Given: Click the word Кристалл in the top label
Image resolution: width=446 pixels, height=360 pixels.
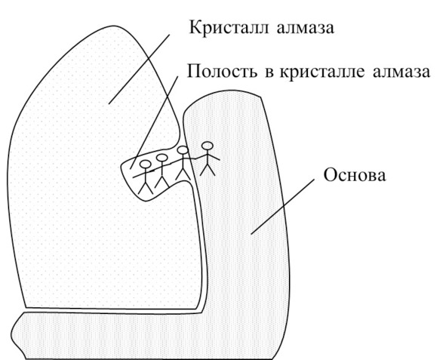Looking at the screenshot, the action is pyautogui.click(x=229, y=29).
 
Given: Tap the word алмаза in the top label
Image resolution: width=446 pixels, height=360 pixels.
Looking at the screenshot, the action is pyautogui.click(x=305, y=29).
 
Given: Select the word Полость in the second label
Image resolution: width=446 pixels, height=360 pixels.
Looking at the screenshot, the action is pyautogui.click(x=222, y=71).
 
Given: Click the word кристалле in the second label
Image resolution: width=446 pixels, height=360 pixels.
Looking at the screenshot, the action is pyautogui.click(x=322, y=72).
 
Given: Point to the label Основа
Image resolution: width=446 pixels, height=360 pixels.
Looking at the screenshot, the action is pyautogui.click(x=355, y=174).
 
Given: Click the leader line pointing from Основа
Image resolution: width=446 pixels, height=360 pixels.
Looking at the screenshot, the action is pyautogui.click(x=283, y=207).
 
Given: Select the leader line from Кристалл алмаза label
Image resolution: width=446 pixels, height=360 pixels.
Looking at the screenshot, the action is pyautogui.click(x=139, y=69).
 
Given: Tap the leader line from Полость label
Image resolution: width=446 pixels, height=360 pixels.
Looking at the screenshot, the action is pyautogui.click(x=154, y=122).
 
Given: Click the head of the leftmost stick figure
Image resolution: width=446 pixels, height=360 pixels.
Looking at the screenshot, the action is pyautogui.click(x=146, y=165).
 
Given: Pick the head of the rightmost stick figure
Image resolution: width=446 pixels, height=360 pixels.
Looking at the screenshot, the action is pyautogui.click(x=207, y=146).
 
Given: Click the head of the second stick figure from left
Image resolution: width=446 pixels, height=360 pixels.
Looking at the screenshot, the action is pyautogui.click(x=161, y=158).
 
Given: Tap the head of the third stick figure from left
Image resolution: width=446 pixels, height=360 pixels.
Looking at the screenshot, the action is pyautogui.click(x=183, y=150).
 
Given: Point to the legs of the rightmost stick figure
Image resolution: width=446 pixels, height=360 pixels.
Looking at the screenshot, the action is pyautogui.click(x=208, y=170).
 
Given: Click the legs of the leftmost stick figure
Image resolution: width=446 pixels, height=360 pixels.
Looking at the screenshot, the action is pyautogui.click(x=146, y=188).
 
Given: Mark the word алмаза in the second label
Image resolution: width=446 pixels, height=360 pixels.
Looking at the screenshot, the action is pyautogui.click(x=401, y=72).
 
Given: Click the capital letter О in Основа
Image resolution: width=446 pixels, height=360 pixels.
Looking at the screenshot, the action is pyautogui.click(x=329, y=174).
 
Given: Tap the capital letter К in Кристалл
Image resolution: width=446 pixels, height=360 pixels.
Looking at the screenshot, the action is pyautogui.click(x=195, y=28).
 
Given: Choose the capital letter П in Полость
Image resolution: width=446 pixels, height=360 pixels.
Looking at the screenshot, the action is pyautogui.click(x=193, y=70).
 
